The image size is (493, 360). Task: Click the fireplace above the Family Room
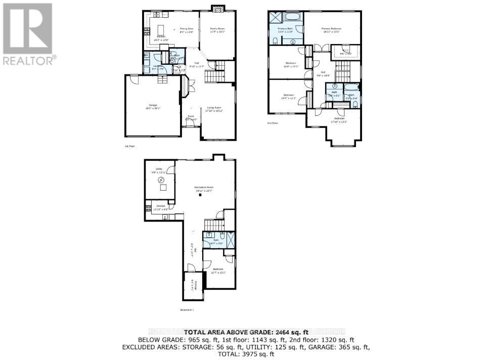tap(217, 8)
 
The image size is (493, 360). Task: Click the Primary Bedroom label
tap(331, 29)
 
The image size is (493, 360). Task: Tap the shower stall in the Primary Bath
tap(276, 17)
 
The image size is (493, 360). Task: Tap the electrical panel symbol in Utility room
tap(161, 180)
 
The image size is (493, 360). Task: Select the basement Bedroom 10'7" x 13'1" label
tap(218, 271)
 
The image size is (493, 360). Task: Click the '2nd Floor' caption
tap(273, 123)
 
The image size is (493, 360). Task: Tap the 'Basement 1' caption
tap(187, 309)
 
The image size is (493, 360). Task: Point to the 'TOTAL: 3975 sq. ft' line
tap(246, 355)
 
